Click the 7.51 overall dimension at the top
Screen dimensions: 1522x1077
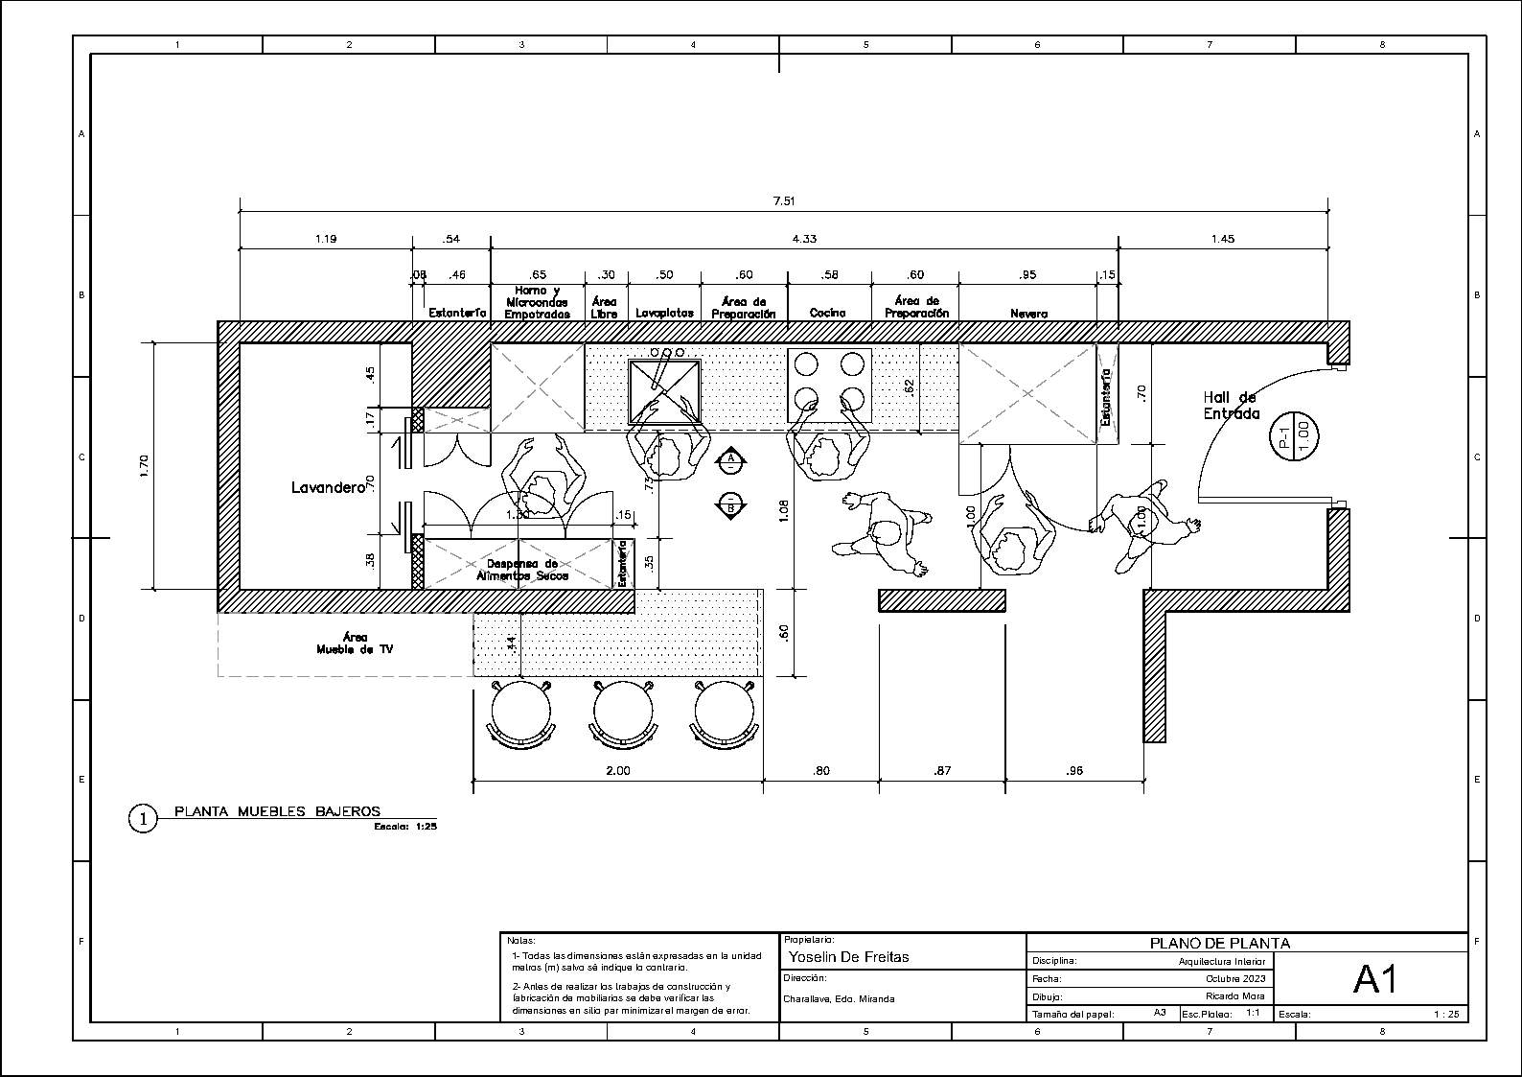(x=784, y=201)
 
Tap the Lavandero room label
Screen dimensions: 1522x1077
(x=328, y=487)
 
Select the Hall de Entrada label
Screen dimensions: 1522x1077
(x=1231, y=406)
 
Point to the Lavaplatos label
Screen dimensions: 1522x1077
(x=664, y=313)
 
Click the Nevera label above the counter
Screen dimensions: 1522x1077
(x=1028, y=314)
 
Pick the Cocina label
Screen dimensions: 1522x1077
(x=827, y=313)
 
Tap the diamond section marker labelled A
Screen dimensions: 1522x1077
(x=731, y=460)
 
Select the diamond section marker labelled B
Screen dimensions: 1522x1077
(x=731, y=503)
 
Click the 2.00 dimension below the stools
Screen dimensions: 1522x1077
(x=618, y=770)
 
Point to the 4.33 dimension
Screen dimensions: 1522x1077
(x=804, y=239)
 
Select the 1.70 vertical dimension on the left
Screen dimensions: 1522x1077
(x=144, y=465)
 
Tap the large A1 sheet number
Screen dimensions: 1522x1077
(x=1375, y=979)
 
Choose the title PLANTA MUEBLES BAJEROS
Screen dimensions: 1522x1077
(x=277, y=811)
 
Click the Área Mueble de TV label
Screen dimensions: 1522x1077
(x=355, y=643)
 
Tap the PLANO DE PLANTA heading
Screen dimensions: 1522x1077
(x=1219, y=943)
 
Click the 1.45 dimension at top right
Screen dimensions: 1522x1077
(x=1222, y=239)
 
